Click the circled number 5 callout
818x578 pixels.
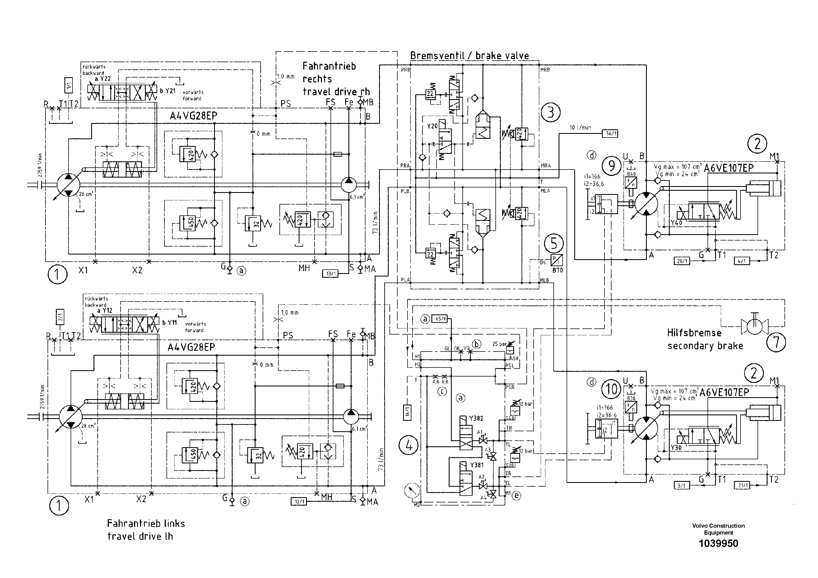click(x=554, y=244)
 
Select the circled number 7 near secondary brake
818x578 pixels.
click(x=776, y=342)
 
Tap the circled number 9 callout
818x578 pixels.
click(x=611, y=166)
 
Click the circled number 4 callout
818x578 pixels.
click(x=409, y=446)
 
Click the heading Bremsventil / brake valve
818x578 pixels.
click(x=469, y=56)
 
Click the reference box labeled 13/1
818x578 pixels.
click(x=330, y=274)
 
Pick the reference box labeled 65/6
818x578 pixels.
click(x=441, y=319)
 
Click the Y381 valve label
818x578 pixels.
click(x=477, y=465)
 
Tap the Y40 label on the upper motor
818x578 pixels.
click(x=676, y=223)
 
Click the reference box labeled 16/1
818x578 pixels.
click(x=407, y=412)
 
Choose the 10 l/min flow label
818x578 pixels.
click(x=580, y=128)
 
